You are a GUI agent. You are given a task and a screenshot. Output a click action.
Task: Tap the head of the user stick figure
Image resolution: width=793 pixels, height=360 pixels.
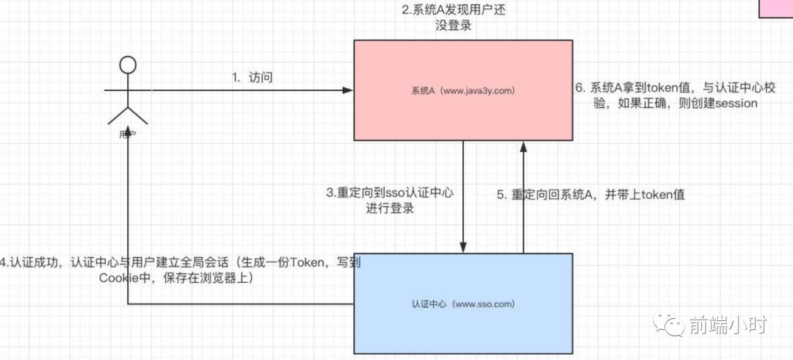(128, 65)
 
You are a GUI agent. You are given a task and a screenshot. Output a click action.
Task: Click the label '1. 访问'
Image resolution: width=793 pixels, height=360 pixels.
(252, 77)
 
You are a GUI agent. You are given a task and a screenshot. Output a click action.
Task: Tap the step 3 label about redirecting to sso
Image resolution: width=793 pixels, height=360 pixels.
(390, 201)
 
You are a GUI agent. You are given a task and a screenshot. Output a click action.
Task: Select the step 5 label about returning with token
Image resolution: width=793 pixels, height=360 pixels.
(591, 195)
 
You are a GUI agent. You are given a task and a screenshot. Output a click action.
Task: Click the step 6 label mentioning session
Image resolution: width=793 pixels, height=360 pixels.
(667, 96)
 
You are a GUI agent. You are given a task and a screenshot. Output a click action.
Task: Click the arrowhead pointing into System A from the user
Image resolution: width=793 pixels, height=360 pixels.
(348, 91)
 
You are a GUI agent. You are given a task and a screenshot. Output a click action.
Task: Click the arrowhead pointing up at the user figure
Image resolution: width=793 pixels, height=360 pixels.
(128, 136)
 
